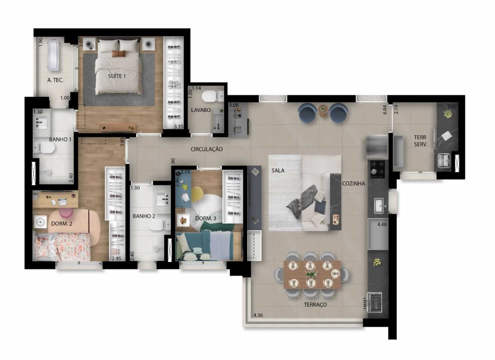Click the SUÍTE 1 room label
(x=117, y=76)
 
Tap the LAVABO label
(x=201, y=110)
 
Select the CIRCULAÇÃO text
(x=207, y=149)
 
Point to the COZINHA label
(x=353, y=184)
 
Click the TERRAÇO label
(x=315, y=305)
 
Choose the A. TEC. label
(x=55, y=80)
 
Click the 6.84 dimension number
(x=385, y=109)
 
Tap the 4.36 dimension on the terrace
(x=258, y=315)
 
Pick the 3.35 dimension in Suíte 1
(x=179, y=127)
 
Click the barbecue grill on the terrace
(x=374, y=302)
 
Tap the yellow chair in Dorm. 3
(x=197, y=194)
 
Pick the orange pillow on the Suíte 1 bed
(x=118, y=54)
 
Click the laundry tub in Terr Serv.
(x=444, y=161)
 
